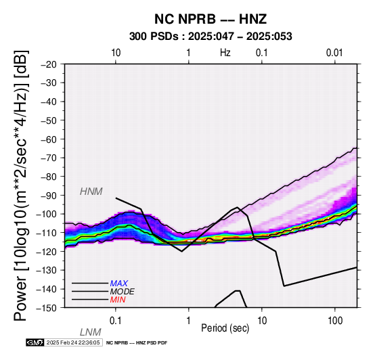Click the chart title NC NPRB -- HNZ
click(x=211, y=19)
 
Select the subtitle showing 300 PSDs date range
click(x=211, y=37)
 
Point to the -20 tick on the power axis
click(x=49, y=64)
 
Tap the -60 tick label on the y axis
click(x=49, y=139)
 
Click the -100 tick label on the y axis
click(x=47, y=214)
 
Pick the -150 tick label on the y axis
click(x=47, y=308)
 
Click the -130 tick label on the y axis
click(x=47, y=270)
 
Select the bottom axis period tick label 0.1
click(x=116, y=321)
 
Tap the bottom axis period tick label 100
click(x=335, y=321)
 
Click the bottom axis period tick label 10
click(x=262, y=321)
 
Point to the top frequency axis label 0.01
click(x=334, y=53)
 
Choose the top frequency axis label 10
click(x=116, y=53)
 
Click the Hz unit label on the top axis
click(x=225, y=53)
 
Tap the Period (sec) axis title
click(x=225, y=328)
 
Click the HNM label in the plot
click(x=91, y=192)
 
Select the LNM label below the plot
click(x=91, y=332)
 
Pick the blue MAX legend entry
click(x=119, y=284)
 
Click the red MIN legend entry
click(x=118, y=300)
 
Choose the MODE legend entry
click(x=123, y=292)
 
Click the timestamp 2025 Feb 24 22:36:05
click(x=73, y=342)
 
